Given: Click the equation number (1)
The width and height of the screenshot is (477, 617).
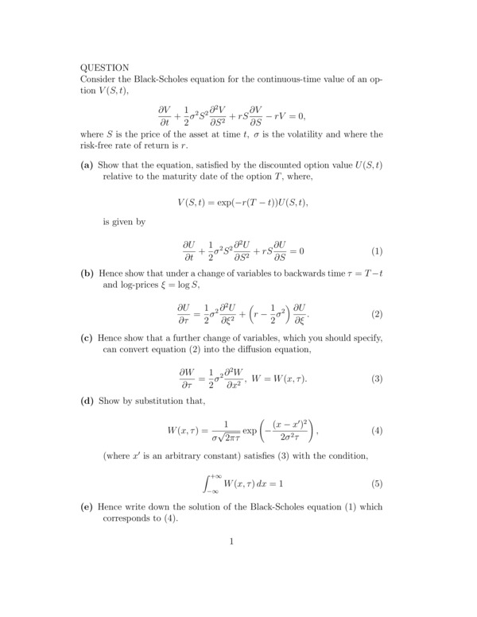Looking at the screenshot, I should tap(377, 252).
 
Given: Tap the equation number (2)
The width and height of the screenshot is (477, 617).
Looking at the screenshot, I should tap(377, 314).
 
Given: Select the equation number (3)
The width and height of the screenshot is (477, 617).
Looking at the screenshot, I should tap(377, 378).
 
